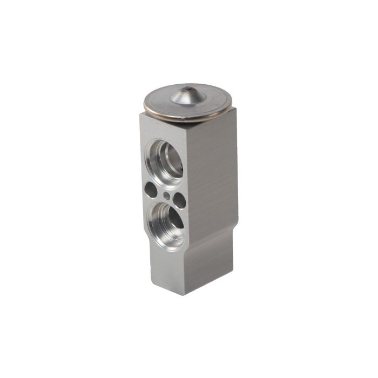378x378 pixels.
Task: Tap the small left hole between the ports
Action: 151,190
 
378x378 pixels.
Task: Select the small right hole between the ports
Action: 179,200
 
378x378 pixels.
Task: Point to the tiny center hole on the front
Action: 166,195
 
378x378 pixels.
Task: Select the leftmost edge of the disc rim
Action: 144,102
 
